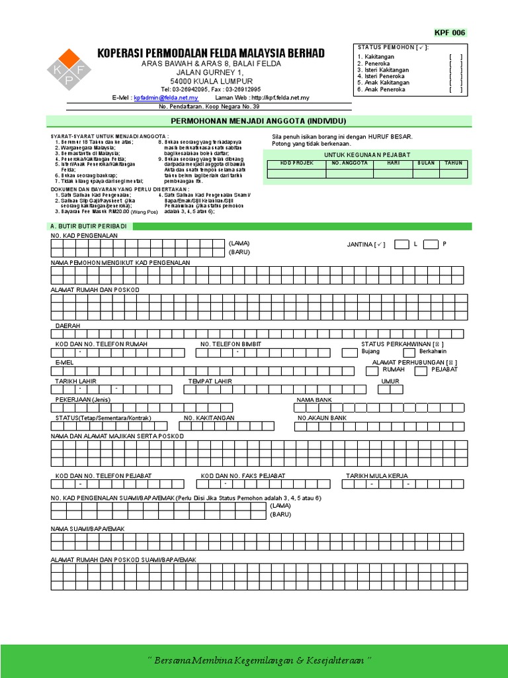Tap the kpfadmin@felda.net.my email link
coord(165,97)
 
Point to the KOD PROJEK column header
coord(296,163)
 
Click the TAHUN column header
coord(453,163)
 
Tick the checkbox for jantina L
coord(401,244)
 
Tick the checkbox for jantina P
coord(431,244)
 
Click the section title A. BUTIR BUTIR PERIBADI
coord(89,226)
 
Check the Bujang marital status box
coord(349,352)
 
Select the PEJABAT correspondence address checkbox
coord(421,371)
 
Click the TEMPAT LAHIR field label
coord(210,381)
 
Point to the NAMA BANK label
coord(313,400)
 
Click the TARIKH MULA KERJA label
coord(377,475)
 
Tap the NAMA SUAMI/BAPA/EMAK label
coord(88,528)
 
